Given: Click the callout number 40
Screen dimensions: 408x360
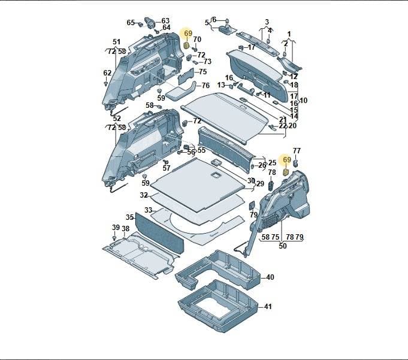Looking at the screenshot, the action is [270, 277].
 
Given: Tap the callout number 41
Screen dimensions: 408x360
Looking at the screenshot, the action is [268, 307].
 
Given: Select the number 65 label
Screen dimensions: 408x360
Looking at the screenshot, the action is [131, 23].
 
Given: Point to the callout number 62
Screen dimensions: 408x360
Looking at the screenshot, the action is [107, 73].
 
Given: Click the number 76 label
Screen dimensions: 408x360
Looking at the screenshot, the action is [205, 86].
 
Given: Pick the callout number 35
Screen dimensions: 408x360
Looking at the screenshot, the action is [130, 217].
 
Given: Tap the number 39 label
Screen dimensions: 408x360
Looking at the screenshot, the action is [116, 228].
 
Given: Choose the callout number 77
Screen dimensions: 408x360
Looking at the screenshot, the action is [297, 151].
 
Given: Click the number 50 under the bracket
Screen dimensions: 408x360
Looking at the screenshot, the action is [283, 246].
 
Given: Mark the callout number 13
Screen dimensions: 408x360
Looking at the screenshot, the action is [221, 85].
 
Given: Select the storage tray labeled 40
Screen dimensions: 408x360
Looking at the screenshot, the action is [217, 271].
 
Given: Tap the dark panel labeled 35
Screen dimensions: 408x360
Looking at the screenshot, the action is [159, 233].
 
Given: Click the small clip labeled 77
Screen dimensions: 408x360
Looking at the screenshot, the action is [295, 164].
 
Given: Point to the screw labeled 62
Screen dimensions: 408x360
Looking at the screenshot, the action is [106, 84].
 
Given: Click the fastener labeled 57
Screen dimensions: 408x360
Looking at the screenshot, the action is [167, 162].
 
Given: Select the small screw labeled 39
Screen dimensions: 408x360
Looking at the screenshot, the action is [114, 238].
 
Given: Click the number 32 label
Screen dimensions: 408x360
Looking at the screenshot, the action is [144, 195].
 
